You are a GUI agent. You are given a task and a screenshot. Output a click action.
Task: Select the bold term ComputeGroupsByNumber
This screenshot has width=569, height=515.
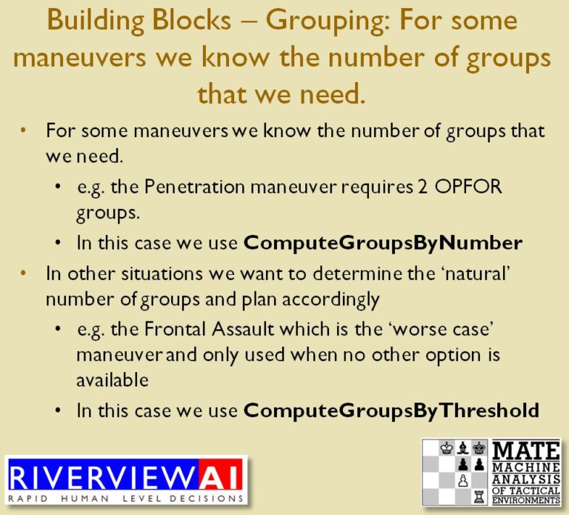coord(383,242)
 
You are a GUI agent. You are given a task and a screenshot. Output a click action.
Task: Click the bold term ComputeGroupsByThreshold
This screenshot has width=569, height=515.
coord(390,410)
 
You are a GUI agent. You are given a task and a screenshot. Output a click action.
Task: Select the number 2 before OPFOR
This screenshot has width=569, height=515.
coord(423,187)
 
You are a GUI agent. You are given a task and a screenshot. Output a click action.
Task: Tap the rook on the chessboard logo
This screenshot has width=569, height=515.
coord(479,496)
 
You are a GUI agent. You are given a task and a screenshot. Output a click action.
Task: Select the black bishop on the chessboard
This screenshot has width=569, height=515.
coord(464,448)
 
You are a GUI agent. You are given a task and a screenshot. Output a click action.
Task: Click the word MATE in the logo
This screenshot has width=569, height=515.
coord(527,450)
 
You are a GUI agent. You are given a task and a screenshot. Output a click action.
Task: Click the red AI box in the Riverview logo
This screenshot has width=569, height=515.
coord(220,474)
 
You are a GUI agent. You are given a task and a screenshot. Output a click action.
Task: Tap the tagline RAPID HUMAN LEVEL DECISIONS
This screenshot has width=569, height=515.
coord(126,497)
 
